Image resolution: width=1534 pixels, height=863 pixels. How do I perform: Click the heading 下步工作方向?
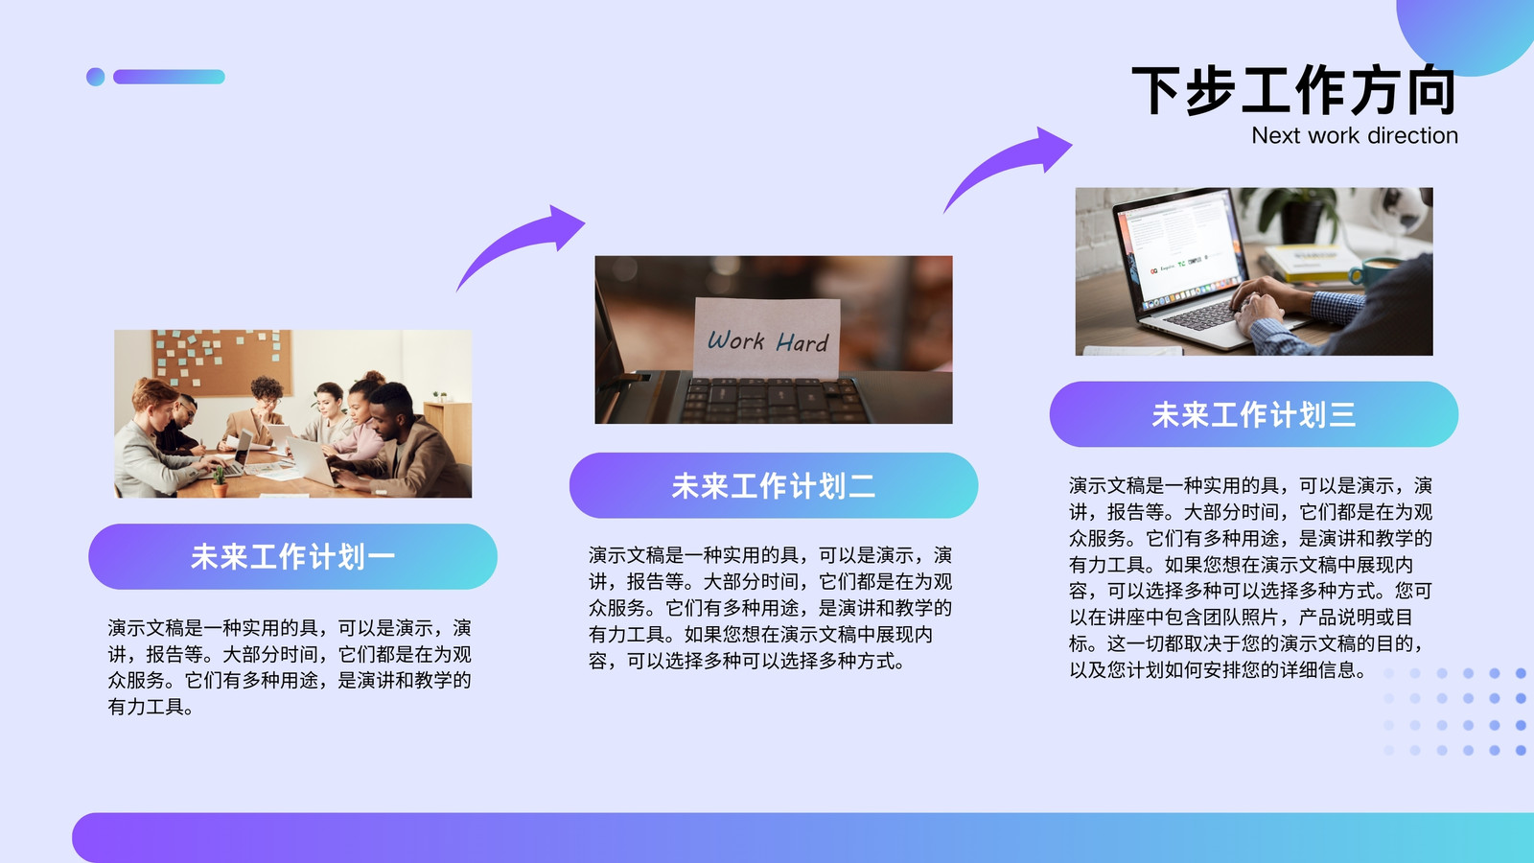[x=1293, y=90]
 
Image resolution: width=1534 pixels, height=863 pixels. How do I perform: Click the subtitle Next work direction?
[x=1354, y=135]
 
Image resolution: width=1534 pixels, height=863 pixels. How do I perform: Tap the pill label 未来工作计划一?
[x=292, y=557]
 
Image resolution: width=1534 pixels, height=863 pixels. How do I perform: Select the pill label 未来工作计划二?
[x=773, y=485]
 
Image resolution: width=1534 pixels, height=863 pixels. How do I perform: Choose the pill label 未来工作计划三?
[x=1254, y=414]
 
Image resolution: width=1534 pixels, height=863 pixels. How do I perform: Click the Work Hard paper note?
[x=767, y=337]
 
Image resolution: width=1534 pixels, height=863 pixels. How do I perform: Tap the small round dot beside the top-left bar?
[x=96, y=77]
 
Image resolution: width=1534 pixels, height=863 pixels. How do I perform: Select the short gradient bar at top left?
[x=169, y=77]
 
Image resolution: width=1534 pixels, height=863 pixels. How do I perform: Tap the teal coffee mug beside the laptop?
[x=1373, y=271]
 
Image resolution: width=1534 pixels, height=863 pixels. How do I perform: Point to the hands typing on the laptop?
[x=1266, y=305]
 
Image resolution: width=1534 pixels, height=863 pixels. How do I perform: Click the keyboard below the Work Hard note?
[x=774, y=400]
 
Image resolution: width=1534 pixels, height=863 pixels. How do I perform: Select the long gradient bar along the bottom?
[x=802, y=838]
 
